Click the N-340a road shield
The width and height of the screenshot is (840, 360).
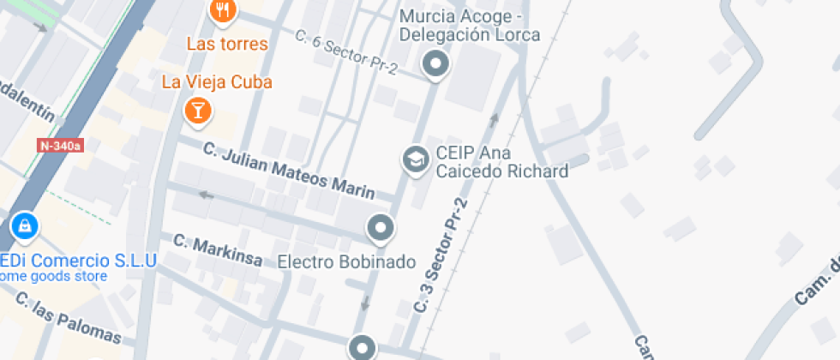60,146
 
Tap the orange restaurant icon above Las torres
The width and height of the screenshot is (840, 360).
223,10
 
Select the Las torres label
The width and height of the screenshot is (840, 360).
227,44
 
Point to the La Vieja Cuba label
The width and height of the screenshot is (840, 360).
217,82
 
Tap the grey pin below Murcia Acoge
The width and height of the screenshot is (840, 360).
436,64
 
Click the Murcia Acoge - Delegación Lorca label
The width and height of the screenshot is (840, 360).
470,26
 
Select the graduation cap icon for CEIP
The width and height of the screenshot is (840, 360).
416,159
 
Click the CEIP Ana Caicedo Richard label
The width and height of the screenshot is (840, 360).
501,162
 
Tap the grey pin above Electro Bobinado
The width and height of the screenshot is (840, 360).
380,228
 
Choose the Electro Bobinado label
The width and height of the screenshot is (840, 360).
346,261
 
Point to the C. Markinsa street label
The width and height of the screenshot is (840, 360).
218,249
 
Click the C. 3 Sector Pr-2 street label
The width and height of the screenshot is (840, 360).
442,255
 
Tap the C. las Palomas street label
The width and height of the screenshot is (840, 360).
69,320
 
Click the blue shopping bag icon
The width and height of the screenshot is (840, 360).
25,226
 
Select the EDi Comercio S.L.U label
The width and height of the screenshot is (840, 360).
77,260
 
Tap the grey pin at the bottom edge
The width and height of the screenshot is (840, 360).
363,347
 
